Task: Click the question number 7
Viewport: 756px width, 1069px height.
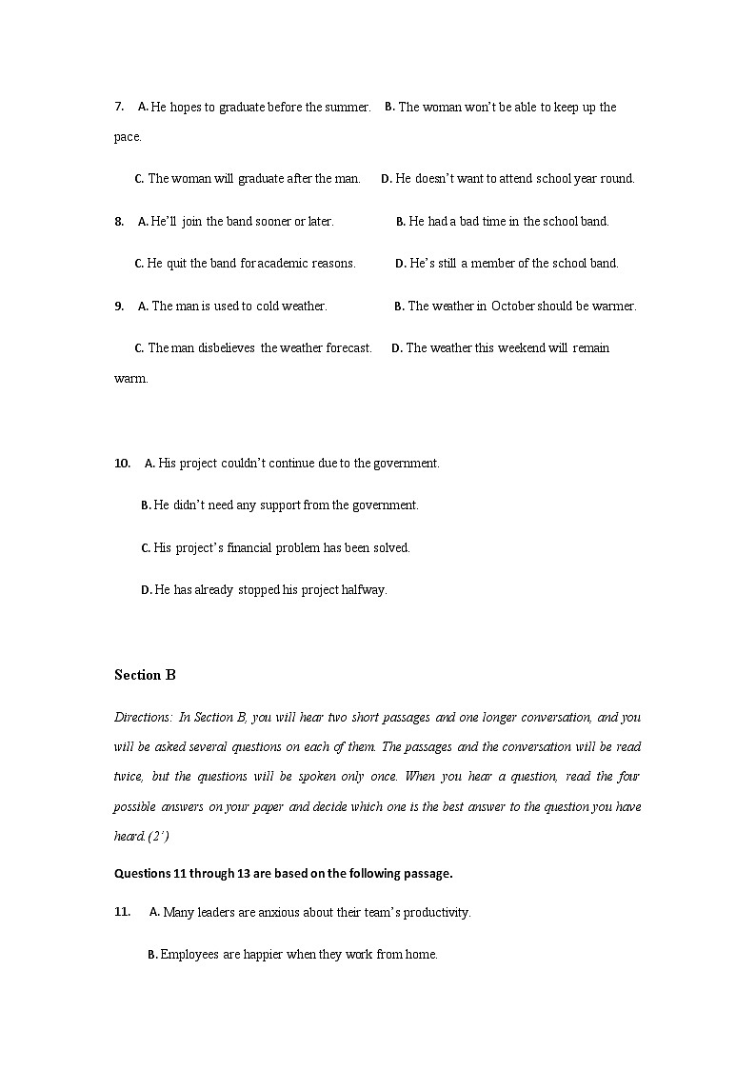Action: point(118,108)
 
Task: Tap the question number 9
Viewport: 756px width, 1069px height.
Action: point(118,307)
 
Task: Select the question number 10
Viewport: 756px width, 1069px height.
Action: point(122,464)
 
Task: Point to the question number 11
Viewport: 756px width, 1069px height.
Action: point(122,912)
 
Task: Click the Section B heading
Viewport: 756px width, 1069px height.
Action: point(145,675)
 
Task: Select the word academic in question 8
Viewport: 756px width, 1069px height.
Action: point(285,264)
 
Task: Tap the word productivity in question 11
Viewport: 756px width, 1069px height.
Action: point(434,913)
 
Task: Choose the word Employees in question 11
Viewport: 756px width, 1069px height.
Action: point(189,955)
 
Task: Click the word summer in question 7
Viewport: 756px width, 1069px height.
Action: point(346,108)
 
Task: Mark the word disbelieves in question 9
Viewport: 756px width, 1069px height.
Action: point(227,348)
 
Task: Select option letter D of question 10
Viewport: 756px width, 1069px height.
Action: point(146,590)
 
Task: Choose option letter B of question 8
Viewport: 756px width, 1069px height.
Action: point(400,222)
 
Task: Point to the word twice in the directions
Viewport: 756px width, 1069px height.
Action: point(129,777)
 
